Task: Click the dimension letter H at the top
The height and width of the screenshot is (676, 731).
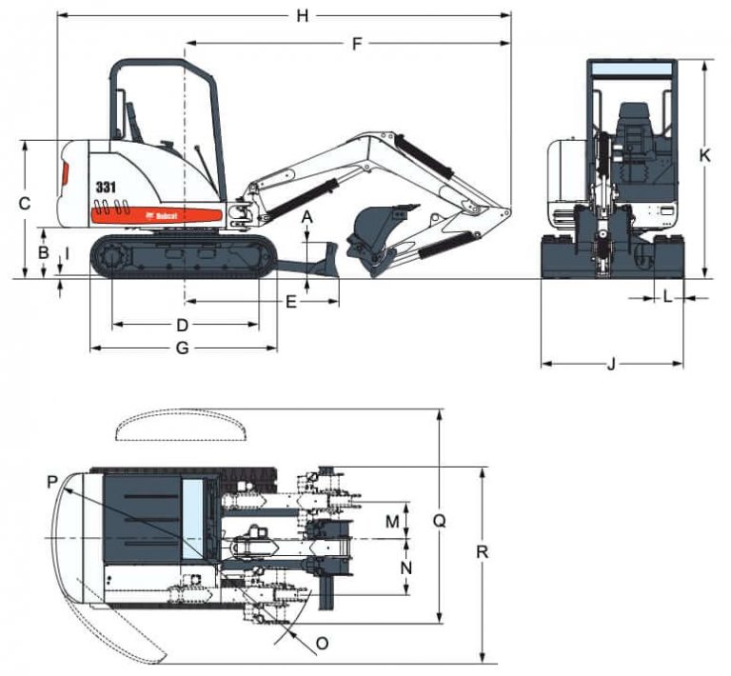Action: pos(303,14)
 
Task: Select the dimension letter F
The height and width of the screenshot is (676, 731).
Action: pos(357,44)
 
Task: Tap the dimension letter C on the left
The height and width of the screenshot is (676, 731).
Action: pos(26,203)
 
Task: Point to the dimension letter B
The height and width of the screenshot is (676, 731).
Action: pos(42,252)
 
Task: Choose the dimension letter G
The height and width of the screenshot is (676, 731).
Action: pos(183,348)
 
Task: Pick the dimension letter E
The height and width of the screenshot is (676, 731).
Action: pos(292,302)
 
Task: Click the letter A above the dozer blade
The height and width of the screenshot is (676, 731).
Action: pos(306,218)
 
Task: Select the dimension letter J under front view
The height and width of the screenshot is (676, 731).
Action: pos(612,363)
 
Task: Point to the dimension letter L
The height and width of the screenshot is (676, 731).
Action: pos(667,298)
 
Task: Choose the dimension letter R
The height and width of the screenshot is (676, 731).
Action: pos(484,551)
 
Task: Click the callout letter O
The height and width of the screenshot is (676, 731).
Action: pos(322,643)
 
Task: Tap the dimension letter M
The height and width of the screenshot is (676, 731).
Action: pos(392,521)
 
